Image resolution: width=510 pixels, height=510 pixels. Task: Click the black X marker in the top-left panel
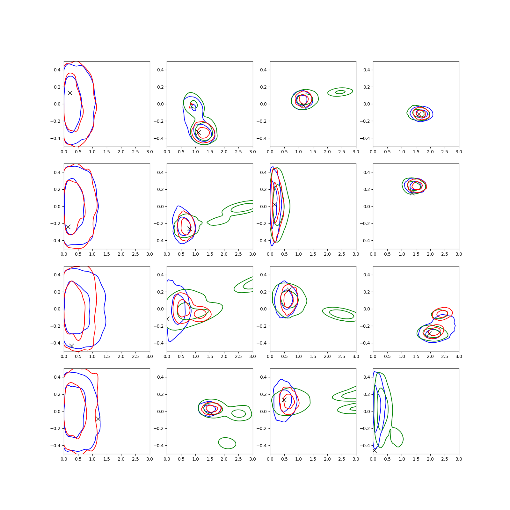70,93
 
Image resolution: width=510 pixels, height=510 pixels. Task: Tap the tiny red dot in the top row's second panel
190,107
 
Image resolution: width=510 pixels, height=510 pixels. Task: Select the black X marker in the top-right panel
419,114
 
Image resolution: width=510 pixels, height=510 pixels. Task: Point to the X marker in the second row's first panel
68,227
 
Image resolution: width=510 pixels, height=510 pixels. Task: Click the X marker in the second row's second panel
190,229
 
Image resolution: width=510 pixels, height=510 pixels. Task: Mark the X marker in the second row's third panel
274,205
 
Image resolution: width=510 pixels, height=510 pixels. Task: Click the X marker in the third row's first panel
71,346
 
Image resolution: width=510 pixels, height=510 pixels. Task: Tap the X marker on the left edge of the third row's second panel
168,319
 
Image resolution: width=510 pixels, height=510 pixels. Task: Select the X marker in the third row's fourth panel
429,333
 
